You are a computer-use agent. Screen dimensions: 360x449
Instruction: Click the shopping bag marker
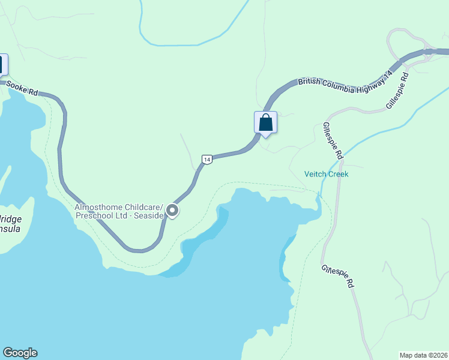tap(266, 123)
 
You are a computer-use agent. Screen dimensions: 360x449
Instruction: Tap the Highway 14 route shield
tap(206, 159)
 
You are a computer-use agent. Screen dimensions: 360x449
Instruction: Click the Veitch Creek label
tap(326, 174)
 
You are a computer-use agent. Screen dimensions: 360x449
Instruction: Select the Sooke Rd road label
tap(22, 88)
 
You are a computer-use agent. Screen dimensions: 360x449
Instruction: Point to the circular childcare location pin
tap(172, 211)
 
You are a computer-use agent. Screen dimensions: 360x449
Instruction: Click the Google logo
tap(20, 353)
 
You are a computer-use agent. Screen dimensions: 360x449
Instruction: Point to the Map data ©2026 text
tap(423, 355)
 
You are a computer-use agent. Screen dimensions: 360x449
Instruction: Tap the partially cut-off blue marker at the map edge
tap(3, 64)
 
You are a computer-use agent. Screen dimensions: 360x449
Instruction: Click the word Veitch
tap(315, 174)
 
